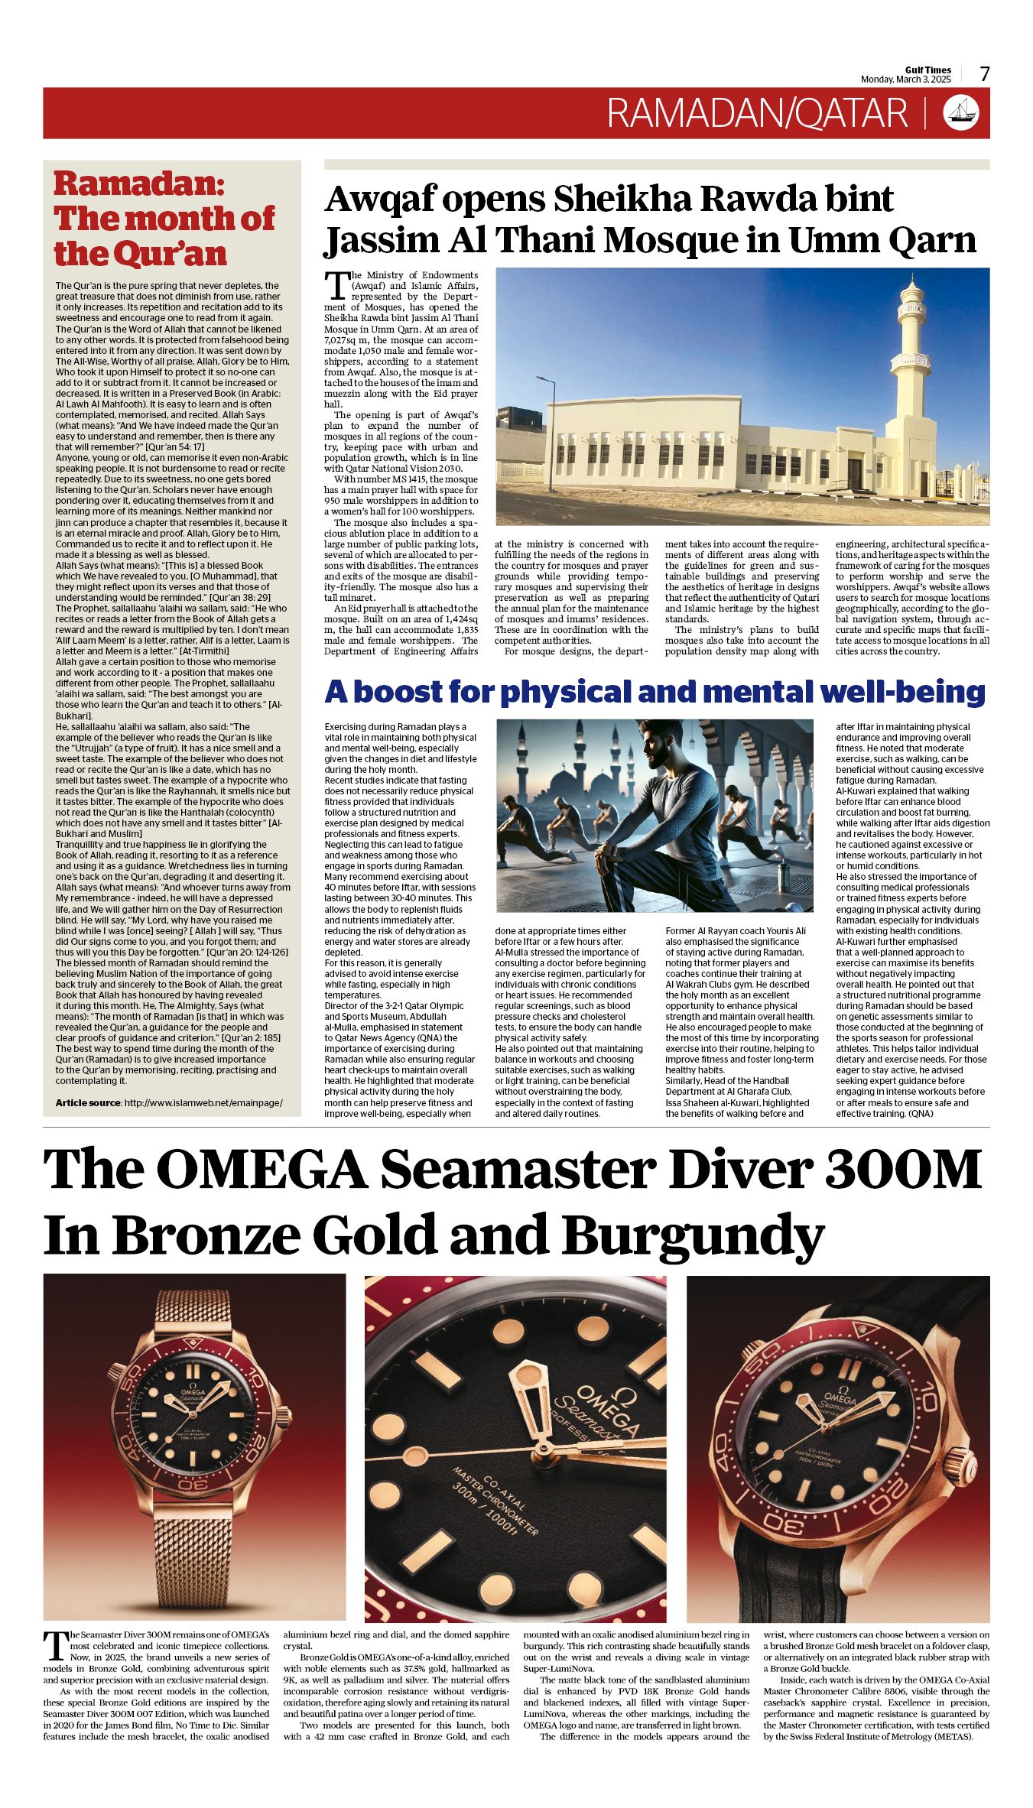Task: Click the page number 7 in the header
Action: click(x=985, y=74)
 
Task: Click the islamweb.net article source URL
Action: click(x=203, y=1102)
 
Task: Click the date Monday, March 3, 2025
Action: click(x=905, y=80)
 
